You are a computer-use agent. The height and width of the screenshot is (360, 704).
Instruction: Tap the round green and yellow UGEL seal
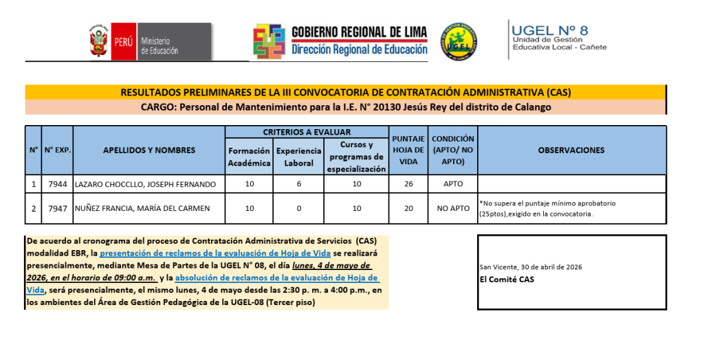click(x=459, y=41)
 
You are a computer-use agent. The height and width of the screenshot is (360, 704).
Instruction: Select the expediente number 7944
click(x=57, y=184)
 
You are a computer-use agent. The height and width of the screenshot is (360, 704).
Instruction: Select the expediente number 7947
click(x=57, y=208)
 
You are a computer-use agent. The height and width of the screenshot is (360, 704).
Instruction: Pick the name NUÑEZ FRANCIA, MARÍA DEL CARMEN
click(x=142, y=208)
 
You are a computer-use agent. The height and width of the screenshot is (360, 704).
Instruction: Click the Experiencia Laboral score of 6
click(x=298, y=184)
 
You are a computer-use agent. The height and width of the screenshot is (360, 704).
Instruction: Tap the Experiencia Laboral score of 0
click(x=298, y=208)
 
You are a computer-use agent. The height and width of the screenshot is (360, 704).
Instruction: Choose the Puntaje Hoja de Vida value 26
click(x=409, y=184)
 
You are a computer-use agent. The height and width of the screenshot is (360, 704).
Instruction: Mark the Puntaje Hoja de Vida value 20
click(x=409, y=208)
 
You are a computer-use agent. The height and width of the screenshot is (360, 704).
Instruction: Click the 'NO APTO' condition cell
click(x=453, y=208)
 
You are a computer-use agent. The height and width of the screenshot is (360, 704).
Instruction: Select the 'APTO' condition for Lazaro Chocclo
click(x=453, y=184)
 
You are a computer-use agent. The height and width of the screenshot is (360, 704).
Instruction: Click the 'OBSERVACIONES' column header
click(x=571, y=150)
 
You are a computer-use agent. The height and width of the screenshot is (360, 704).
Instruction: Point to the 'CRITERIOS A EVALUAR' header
click(x=307, y=132)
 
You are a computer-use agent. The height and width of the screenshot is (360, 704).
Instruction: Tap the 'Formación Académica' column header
click(x=250, y=157)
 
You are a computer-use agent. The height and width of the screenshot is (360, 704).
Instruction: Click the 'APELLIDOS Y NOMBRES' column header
click(x=148, y=150)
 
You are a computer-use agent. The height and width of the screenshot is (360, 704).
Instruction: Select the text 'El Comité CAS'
click(x=506, y=279)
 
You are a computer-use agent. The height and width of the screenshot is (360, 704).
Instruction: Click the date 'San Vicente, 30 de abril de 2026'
click(x=528, y=267)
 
